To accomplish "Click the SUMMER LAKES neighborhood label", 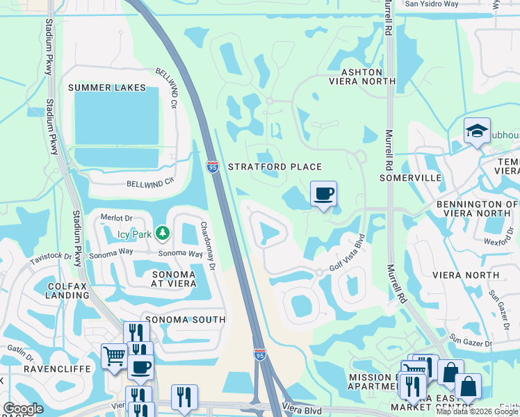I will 107,88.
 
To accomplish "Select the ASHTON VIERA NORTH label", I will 361,76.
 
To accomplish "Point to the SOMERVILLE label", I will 411,178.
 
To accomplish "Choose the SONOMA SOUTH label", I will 184,319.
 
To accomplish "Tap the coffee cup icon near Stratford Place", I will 323,193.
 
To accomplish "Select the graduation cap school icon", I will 477,130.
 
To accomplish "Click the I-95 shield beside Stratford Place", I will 213,166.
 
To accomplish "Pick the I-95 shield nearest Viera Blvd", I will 259,354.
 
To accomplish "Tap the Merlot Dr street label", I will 115,218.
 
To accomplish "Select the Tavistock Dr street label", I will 51,259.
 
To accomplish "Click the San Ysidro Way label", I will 432,4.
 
